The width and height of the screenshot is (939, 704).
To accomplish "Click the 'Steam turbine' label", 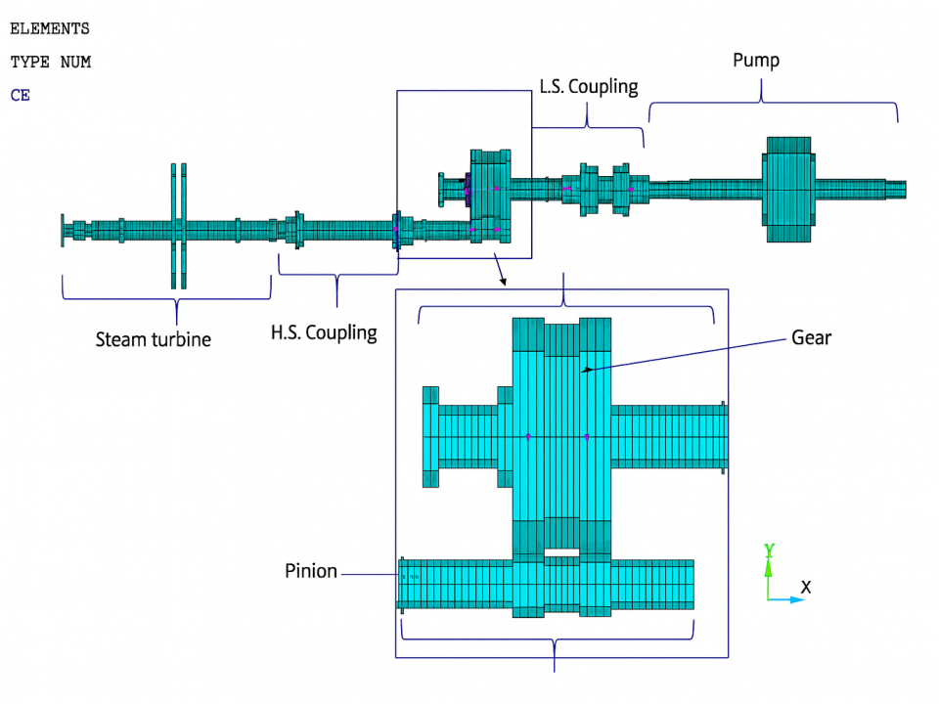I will click(x=153, y=340).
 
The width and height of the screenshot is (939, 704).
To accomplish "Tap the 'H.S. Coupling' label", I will click(x=324, y=332).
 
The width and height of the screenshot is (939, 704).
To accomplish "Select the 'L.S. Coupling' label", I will click(x=589, y=87).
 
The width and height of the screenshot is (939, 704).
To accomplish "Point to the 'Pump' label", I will click(x=756, y=61).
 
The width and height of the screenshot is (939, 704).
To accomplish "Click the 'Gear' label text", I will click(x=811, y=338).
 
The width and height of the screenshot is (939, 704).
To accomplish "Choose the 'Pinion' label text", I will click(x=311, y=571).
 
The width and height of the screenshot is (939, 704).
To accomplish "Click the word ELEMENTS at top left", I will click(x=50, y=29).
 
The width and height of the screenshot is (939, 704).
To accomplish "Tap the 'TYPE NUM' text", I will click(x=51, y=63).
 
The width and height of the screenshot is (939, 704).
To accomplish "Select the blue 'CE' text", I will click(x=21, y=96).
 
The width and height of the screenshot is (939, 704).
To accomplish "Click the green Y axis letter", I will click(x=770, y=550).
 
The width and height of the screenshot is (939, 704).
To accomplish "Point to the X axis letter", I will click(x=806, y=588).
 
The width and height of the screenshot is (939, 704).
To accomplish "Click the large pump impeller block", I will click(x=788, y=190).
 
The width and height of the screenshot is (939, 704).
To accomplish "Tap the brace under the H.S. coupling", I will click(x=337, y=278).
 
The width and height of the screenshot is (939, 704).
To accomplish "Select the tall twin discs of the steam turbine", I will click(x=178, y=226).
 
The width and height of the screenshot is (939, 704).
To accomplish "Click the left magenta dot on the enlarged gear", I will click(x=528, y=436).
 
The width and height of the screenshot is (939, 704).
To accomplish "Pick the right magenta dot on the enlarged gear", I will click(x=587, y=436).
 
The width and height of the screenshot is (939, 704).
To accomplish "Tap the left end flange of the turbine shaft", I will click(x=63, y=231).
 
